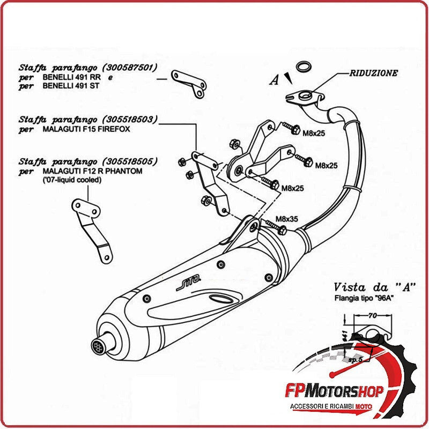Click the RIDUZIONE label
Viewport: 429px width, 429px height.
(374, 73)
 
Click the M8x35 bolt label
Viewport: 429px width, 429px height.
(286, 219)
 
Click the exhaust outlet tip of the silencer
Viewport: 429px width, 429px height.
(99, 344)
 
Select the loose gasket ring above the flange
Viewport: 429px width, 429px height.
(305, 67)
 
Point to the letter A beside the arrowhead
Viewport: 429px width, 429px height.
(275, 80)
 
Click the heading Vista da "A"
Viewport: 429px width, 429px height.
(371, 287)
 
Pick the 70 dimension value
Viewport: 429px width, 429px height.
(371, 316)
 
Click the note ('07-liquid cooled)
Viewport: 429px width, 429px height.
(72, 180)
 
